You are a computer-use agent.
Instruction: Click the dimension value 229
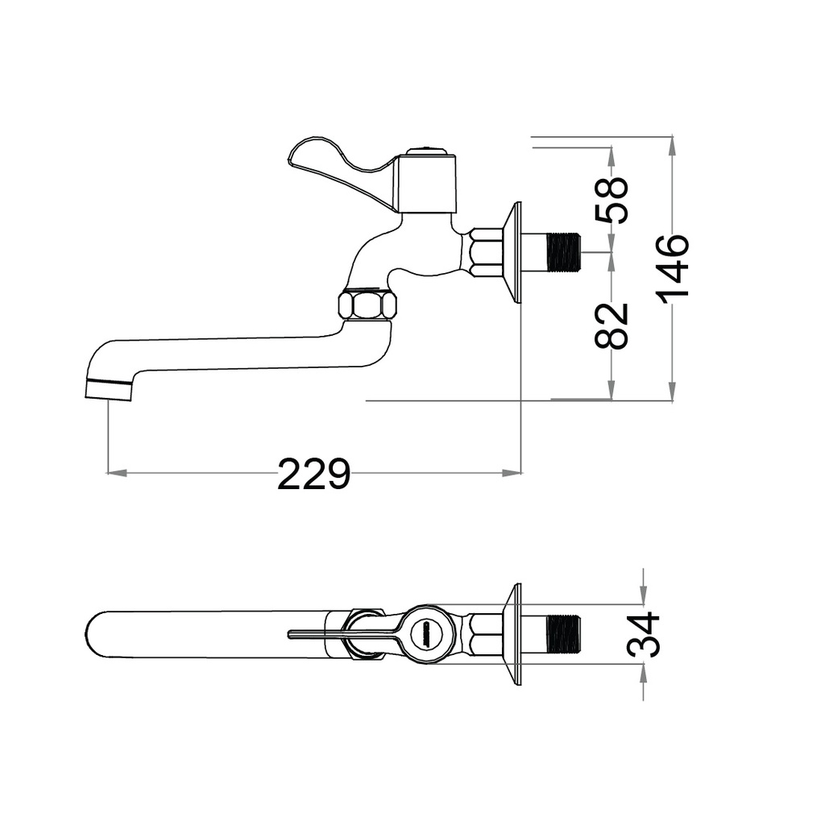point(313,475)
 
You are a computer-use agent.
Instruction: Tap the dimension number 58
point(611,200)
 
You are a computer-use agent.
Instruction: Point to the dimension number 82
point(611,325)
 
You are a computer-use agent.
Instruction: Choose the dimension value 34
point(644,634)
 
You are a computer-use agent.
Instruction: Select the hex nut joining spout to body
point(367,305)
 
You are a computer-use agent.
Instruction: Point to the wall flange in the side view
point(513,252)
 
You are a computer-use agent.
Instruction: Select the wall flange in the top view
point(513,634)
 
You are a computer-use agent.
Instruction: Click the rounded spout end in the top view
point(97,634)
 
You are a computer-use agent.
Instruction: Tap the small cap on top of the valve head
point(426,151)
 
